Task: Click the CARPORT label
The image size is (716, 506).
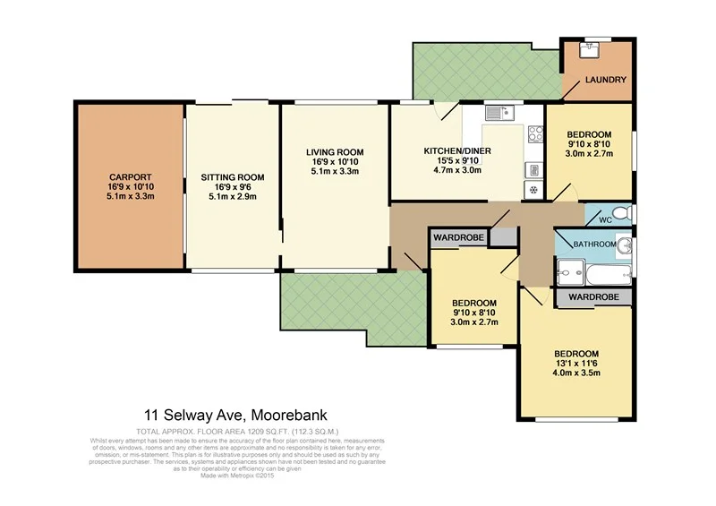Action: coord(130,176)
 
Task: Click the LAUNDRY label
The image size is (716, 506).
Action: coord(606,81)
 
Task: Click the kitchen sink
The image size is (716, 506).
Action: coord(497,113)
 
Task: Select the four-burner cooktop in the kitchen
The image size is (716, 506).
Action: coord(535,135)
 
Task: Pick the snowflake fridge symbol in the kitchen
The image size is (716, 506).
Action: coord(534,189)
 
